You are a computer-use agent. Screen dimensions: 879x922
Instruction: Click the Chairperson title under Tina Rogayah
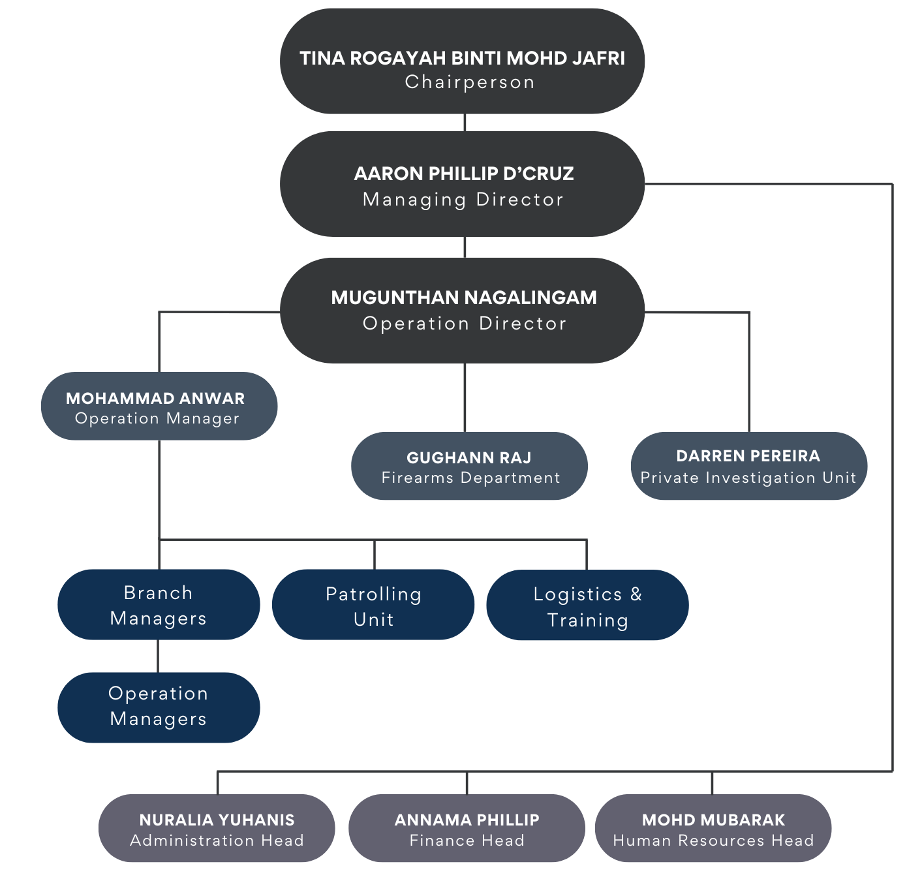469,82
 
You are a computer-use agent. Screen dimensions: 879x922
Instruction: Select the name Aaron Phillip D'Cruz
463,174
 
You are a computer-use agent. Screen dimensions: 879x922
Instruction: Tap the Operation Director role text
464,324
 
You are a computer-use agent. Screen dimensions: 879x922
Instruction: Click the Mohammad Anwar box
159,406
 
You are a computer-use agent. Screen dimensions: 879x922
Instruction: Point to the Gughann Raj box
469,466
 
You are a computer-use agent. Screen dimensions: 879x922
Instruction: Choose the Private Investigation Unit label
748,478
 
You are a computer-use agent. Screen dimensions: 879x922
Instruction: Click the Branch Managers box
159,604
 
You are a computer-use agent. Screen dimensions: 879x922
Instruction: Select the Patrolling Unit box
373,604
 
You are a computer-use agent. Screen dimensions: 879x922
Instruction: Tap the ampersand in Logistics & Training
636,594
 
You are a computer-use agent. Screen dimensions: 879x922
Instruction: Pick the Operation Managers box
159,707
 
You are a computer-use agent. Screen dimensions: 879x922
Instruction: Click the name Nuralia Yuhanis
217,820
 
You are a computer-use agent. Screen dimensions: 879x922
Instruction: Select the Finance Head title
467,840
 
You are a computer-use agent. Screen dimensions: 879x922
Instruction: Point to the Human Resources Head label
713,840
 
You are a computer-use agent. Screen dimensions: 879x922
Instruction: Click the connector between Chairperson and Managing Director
465,122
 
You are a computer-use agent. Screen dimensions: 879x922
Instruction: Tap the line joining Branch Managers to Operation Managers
158,656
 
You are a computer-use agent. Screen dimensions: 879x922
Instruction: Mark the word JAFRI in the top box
598,59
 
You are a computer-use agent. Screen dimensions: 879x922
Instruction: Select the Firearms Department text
470,478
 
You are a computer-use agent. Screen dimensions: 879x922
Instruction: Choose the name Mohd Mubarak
713,820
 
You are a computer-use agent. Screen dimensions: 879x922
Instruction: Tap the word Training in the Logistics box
587,620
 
